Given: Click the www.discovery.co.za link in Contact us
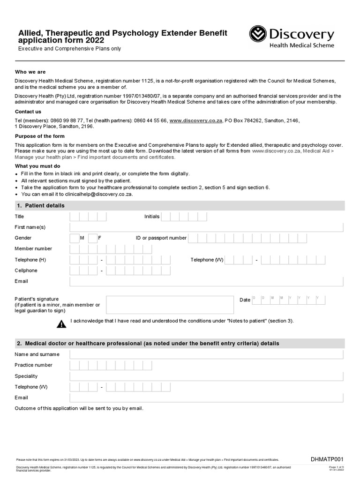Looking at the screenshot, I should click(x=195, y=120).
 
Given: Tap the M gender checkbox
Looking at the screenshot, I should click(x=75, y=238).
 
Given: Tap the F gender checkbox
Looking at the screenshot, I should click(x=92, y=238).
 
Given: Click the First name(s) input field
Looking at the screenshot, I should click(x=206, y=227).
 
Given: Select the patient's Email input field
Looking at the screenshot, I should click(x=206, y=281).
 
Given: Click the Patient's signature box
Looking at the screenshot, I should click(x=170, y=305).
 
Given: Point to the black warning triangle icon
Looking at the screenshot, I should click(x=61, y=324).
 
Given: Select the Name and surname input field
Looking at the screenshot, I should click(x=206, y=354).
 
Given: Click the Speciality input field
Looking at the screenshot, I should click(x=206, y=376).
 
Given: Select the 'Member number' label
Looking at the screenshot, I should click(x=33, y=249).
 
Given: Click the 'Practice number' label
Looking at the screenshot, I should click(x=34, y=365).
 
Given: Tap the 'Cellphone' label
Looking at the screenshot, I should click(x=26, y=270).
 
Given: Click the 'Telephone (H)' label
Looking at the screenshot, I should click(x=30, y=260).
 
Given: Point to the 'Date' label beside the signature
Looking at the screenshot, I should click(x=245, y=300).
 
